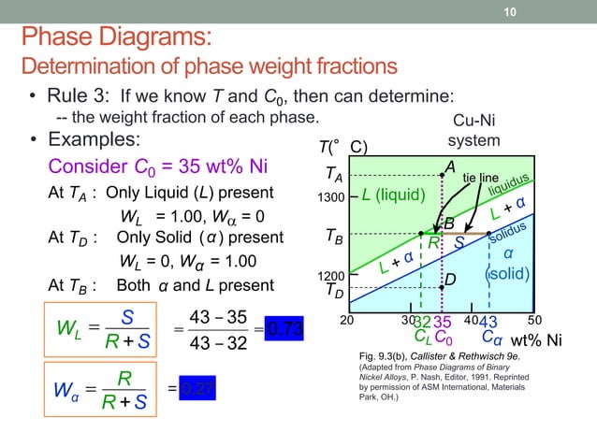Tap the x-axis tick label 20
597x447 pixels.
coord(347,319)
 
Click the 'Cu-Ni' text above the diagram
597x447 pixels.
coord(474,123)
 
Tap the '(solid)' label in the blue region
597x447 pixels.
coord(508,275)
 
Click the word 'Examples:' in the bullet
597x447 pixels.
coord(94,139)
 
